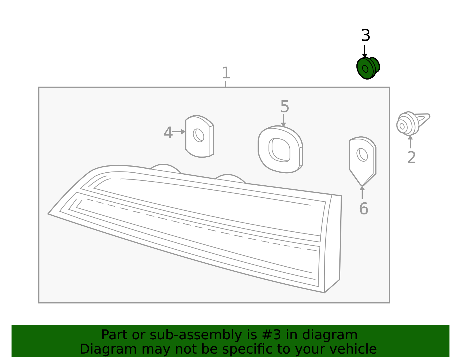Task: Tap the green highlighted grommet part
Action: pos(368,68)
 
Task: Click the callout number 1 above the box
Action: pos(226,73)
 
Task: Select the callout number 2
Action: pos(411,157)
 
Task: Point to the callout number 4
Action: pos(168,133)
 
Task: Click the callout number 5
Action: pos(285,106)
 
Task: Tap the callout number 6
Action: pos(364,208)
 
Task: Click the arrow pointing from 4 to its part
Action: pos(179,132)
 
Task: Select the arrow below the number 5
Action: pos(283,120)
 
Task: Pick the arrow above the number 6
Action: pos(362,192)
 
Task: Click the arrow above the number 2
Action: pos(410,142)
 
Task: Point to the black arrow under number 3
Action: pos(365,51)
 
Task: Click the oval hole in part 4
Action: pos(199,135)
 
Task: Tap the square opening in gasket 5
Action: pos(279,150)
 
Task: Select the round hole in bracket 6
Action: pos(362,155)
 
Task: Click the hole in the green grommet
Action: pos(365,69)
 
